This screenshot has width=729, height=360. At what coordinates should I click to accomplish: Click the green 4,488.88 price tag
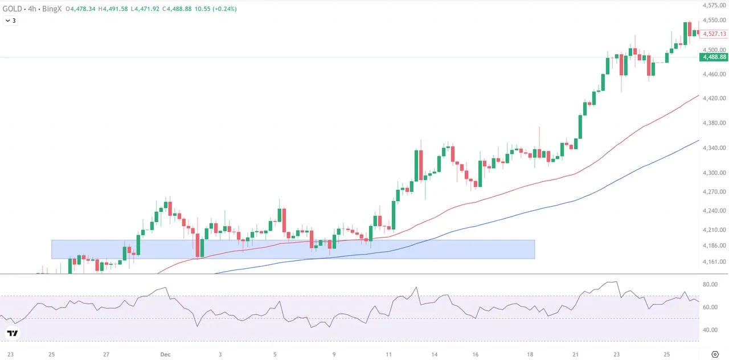[714, 58]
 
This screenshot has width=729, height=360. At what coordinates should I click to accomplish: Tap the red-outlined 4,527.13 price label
[714, 34]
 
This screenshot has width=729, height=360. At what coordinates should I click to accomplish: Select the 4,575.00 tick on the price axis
[714, 5]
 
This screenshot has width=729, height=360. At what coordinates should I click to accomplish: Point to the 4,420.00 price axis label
[714, 99]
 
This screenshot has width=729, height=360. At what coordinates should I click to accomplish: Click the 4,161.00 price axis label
[714, 261]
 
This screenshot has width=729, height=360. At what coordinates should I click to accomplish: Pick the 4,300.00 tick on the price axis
[714, 173]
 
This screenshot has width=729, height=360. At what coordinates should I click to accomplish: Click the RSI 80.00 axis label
[710, 284]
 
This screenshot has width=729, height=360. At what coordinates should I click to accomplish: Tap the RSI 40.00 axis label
[710, 330]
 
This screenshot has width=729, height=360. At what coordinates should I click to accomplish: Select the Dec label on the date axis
[165, 354]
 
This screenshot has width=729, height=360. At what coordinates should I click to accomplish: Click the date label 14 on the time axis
[435, 354]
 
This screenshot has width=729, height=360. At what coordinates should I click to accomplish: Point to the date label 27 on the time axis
[106, 354]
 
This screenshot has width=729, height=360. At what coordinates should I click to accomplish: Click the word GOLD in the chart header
[13, 9]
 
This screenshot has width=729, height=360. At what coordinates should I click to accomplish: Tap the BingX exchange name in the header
[52, 9]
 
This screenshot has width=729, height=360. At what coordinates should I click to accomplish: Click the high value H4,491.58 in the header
[113, 9]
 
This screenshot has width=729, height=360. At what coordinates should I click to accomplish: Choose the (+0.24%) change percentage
[224, 9]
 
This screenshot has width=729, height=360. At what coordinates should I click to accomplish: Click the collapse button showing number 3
[10, 21]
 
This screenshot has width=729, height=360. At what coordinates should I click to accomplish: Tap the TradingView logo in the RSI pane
[13, 333]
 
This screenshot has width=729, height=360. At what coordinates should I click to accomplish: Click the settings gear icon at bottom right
[715, 354]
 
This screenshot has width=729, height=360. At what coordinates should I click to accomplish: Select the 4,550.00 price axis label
[714, 20]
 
